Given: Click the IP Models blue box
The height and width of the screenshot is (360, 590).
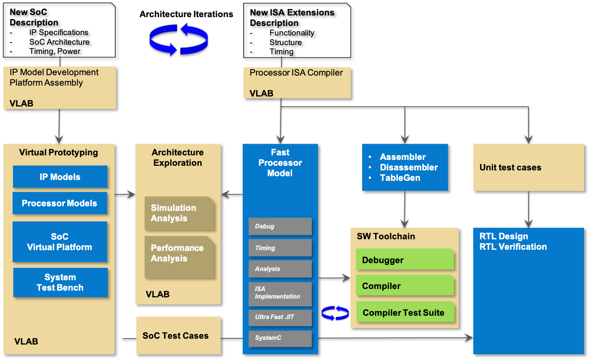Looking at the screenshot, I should (60, 177).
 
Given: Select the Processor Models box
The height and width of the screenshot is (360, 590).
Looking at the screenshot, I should (60, 203).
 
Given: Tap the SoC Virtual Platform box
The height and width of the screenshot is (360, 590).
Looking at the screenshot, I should (60, 242).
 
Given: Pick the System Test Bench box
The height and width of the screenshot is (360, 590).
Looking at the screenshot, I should (60, 282).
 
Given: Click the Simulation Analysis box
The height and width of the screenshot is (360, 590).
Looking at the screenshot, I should (179, 213).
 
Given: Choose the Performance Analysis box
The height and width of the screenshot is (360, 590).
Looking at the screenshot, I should (179, 253).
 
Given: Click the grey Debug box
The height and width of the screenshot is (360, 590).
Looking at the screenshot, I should (280, 226).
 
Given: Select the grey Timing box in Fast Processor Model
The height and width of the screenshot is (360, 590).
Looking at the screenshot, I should (280, 248).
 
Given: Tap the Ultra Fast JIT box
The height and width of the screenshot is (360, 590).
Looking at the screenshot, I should (280, 317).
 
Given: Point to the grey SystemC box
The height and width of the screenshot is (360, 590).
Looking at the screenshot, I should (280, 338).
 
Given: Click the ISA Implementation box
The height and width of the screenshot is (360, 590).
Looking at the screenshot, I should (280, 293).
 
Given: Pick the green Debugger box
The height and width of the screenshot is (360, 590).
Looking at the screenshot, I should (404, 260).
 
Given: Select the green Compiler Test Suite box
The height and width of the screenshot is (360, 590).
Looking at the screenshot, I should (404, 312).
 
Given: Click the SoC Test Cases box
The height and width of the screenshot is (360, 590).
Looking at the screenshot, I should (178, 335).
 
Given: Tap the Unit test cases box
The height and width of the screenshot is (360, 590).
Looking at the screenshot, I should (528, 167).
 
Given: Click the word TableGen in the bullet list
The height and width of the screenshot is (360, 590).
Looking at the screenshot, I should (400, 178).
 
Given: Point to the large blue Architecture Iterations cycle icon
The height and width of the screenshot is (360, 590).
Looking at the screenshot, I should (179, 40).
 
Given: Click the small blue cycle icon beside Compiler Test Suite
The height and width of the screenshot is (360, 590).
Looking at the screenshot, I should (335, 313).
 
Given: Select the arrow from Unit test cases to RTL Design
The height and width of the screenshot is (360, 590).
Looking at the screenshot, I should (529, 209).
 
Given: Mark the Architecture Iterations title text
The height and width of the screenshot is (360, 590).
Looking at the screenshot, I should (186, 14).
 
